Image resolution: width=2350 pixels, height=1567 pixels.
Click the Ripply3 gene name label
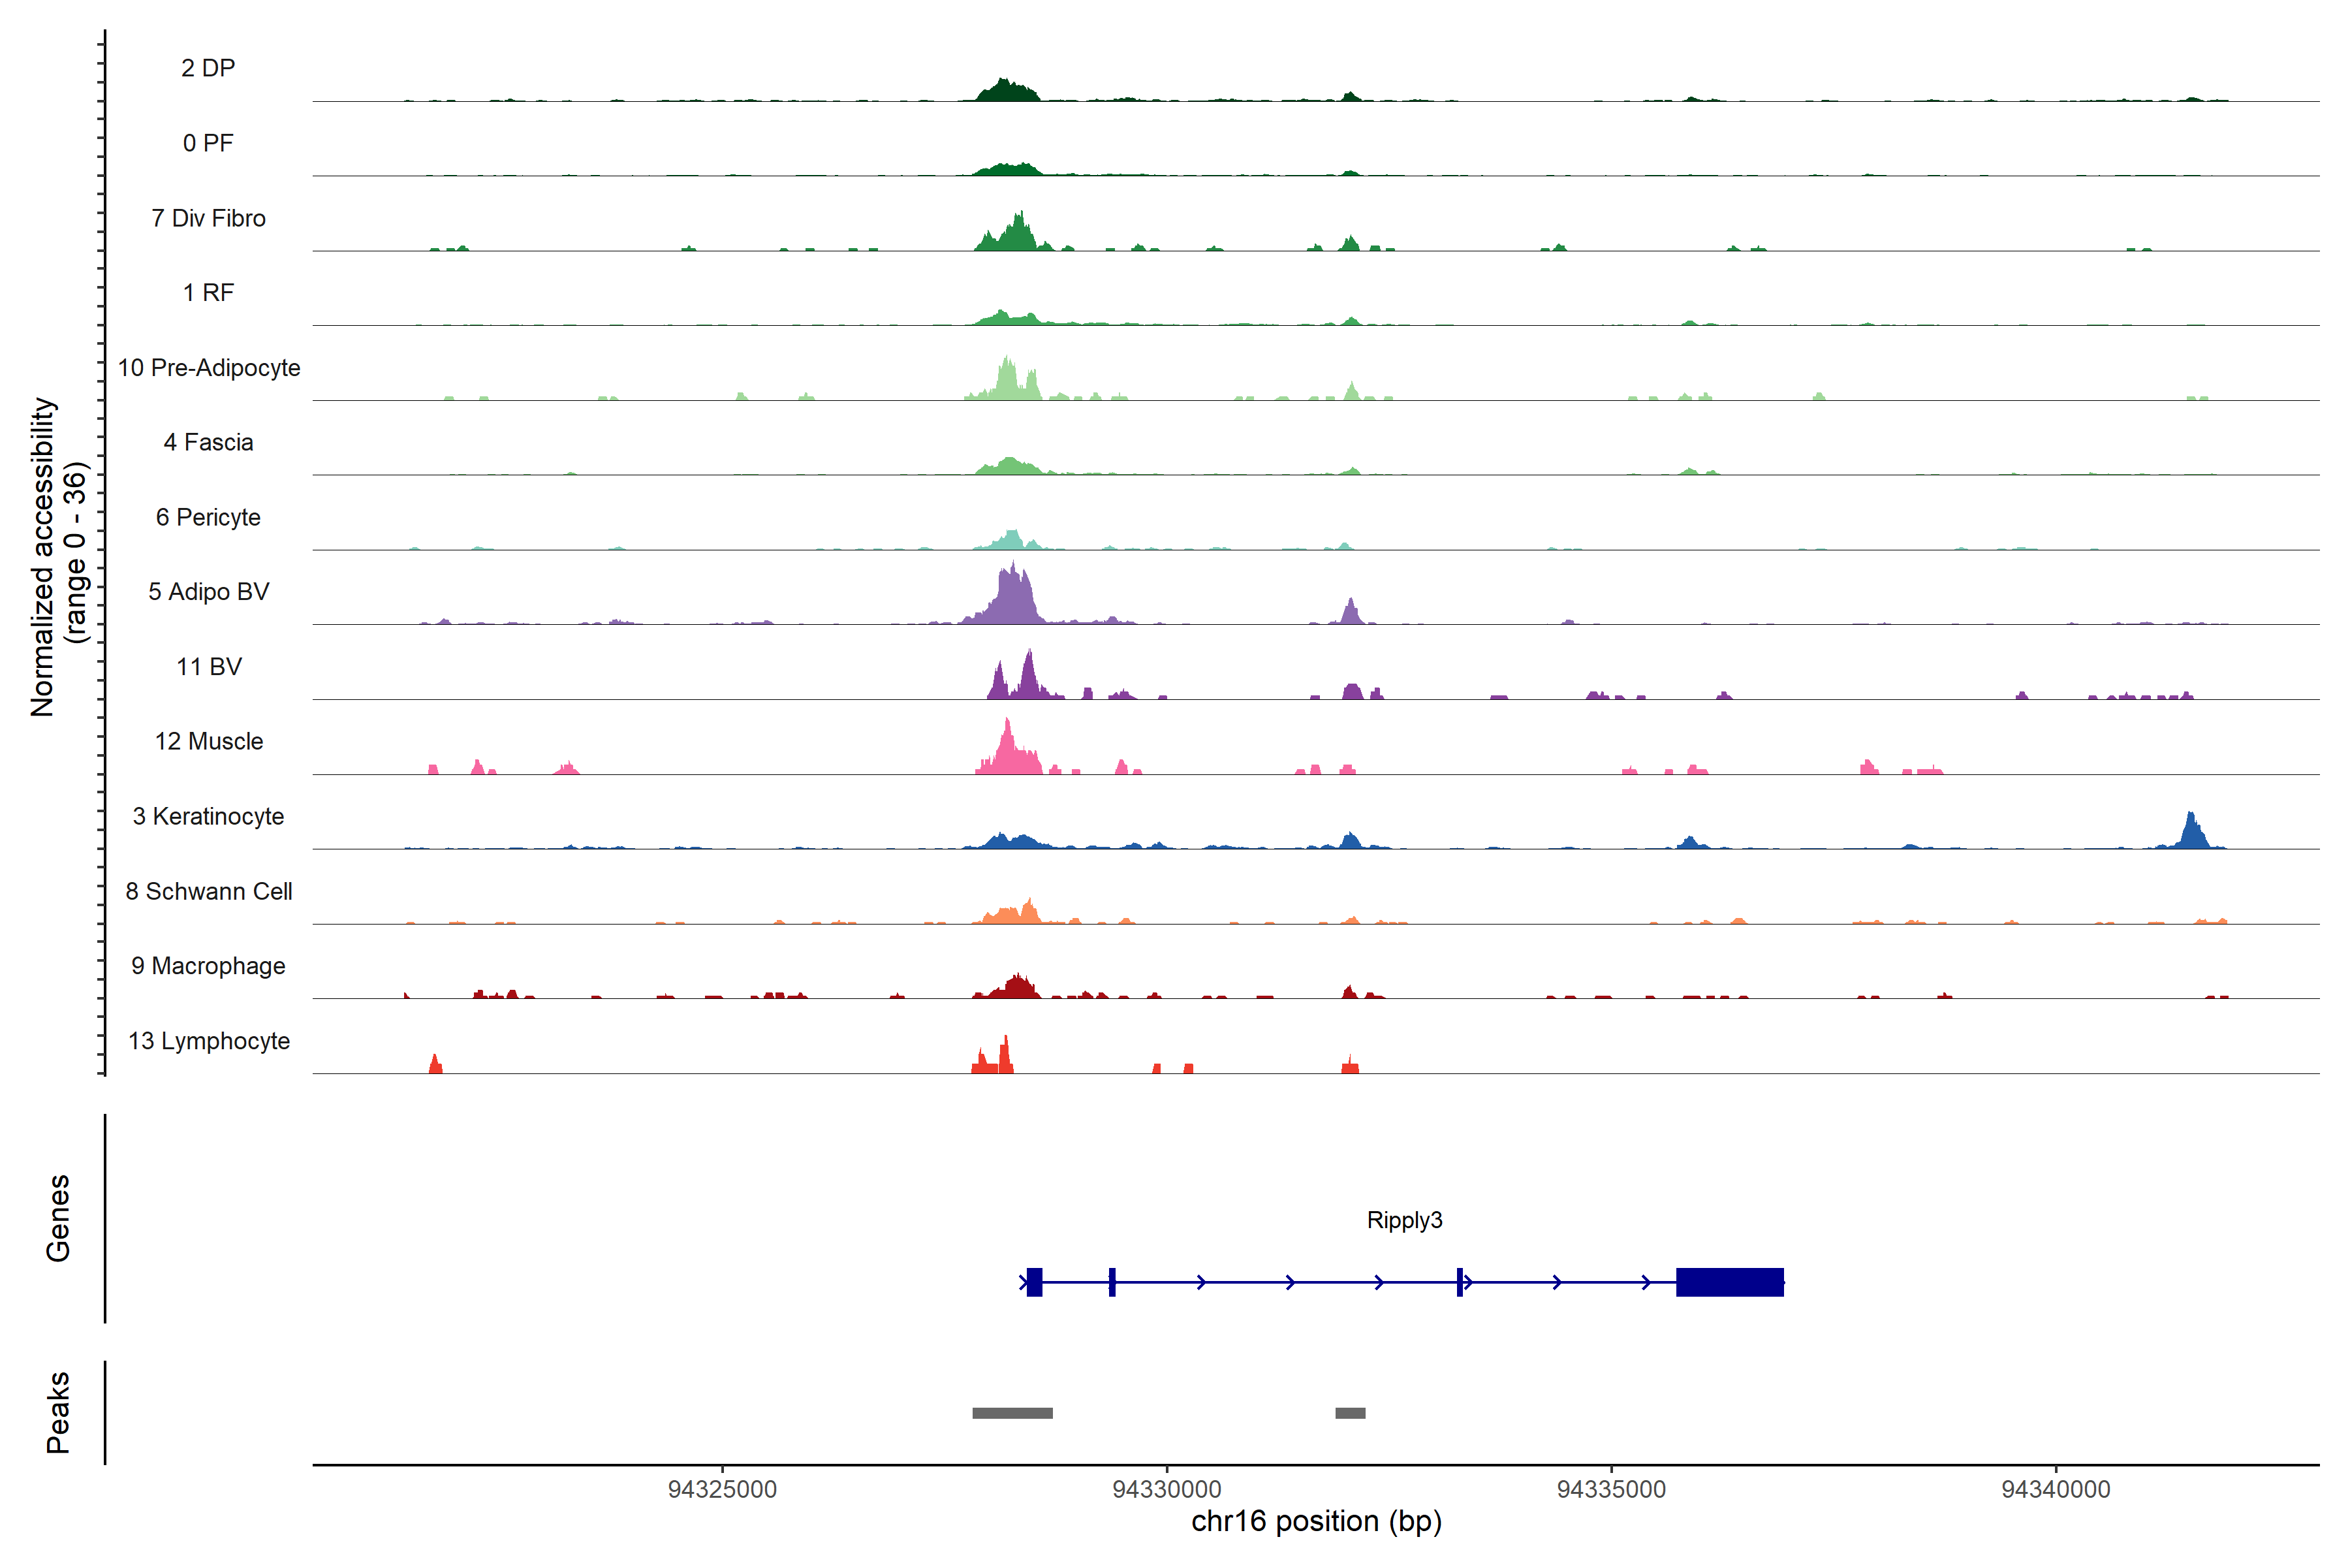point(1404,1220)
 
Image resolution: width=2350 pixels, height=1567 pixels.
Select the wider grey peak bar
point(1012,1413)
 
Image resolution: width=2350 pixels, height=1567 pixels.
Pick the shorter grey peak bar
point(1350,1413)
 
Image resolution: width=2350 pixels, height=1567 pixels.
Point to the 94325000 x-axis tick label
point(723,1489)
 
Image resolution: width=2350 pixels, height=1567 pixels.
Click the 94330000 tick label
point(1167,1489)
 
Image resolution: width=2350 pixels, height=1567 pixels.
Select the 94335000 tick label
point(1612,1489)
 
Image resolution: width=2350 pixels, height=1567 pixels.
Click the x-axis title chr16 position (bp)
point(1316,1522)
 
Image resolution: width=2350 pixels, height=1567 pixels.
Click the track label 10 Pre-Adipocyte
point(209,368)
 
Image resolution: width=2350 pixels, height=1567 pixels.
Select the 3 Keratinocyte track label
point(209,817)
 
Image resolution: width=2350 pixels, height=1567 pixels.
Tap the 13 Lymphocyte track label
point(209,1041)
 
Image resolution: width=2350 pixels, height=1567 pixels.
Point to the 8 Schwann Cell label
point(209,891)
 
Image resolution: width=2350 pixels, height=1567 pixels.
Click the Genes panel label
point(58,1218)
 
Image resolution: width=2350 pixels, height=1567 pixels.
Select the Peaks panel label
point(58,1412)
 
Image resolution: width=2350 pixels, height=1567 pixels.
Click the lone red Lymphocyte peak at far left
point(435,1064)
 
